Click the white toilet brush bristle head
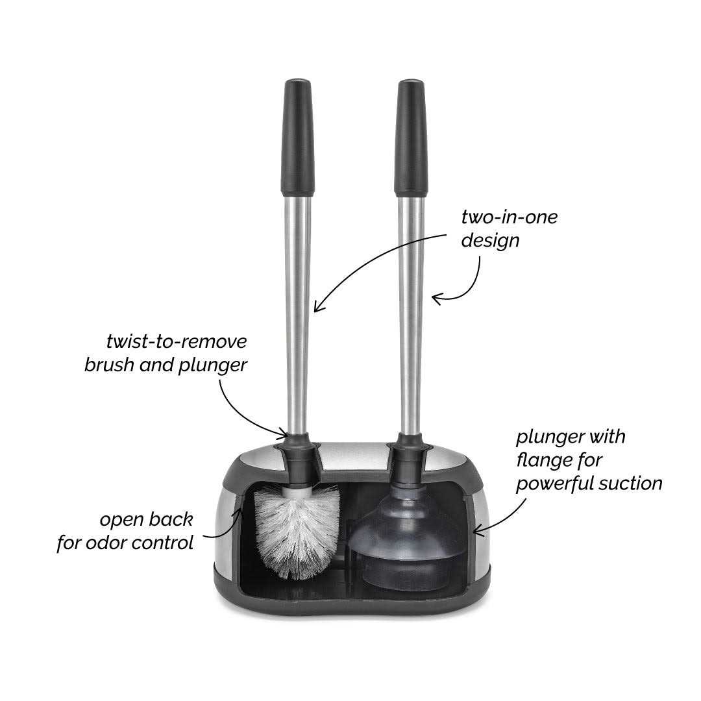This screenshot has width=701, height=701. (x=297, y=529)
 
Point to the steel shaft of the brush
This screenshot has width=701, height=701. (x=298, y=312)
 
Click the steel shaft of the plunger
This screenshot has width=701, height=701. (x=411, y=312)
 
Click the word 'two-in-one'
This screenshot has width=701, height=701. (x=509, y=217)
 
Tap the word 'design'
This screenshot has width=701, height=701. (x=490, y=241)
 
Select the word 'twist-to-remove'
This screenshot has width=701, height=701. (x=176, y=341)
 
